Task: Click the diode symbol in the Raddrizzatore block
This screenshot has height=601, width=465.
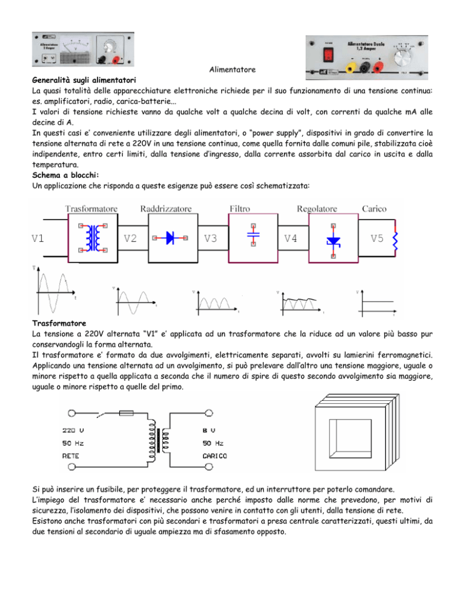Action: pyautogui.click(x=171, y=238)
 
